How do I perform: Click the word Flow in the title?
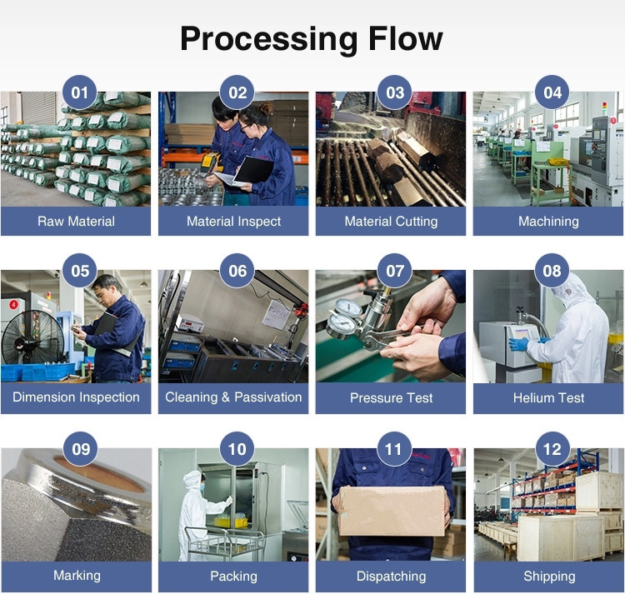coord(405,38)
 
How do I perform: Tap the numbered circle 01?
coord(80,92)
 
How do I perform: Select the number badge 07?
coord(395,271)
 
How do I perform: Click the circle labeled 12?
coord(552,449)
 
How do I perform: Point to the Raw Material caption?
coord(76,221)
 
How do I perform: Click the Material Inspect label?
coord(233,221)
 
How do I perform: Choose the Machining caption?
coord(548,221)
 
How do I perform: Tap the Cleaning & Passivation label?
coord(233,397)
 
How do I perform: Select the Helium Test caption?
coord(548,397)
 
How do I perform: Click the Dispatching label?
coord(391,576)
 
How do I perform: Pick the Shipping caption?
coord(549,576)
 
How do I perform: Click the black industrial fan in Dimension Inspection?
coord(32,337)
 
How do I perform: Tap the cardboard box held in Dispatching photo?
coord(392,511)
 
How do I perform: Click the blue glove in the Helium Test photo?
coord(518,344)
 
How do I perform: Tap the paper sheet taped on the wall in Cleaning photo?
coord(277,314)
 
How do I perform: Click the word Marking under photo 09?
coord(77,576)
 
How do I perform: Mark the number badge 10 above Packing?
coord(237,449)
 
